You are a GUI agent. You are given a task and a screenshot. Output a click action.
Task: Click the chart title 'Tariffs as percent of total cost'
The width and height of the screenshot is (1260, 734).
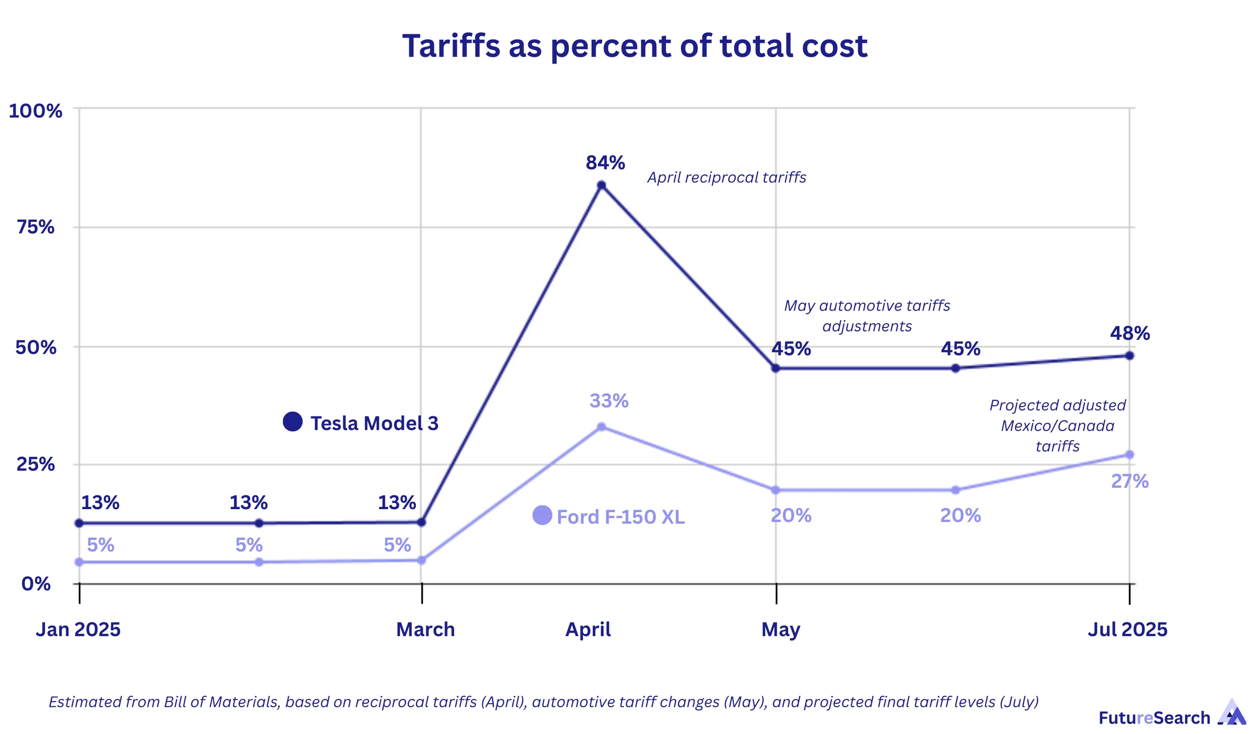pyautogui.click(x=635, y=46)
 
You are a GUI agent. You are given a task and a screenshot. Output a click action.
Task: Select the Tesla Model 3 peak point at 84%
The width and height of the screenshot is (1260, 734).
pyautogui.click(x=601, y=186)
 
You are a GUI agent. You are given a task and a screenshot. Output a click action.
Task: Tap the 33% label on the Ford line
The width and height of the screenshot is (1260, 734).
pyautogui.click(x=609, y=401)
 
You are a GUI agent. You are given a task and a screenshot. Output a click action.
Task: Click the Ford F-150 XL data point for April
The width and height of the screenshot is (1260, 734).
pyautogui.click(x=601, y=427)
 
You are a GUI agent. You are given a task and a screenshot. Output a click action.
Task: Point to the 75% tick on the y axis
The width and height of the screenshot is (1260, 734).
pyautogui.click(x=35, y=227)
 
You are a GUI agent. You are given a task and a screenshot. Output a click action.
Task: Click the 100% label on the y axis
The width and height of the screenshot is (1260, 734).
pyautogui.click(x=35, y=111)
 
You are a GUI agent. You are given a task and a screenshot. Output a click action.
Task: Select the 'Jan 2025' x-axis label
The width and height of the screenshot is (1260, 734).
pyautogui.click(x=78, y=630)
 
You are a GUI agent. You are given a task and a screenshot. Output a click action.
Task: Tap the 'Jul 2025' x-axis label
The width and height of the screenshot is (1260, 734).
pyautogui.click(x=1127, y=630)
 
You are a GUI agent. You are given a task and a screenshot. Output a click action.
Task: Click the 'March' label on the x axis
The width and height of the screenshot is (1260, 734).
pyautogui.click(x=425, y=630)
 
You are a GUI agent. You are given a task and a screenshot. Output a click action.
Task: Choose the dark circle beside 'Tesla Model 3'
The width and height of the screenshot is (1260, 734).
pyautogui.click(x=292, y=421)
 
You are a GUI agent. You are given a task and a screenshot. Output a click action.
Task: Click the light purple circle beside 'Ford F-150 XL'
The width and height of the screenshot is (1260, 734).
pyautogui.click(x=542, y=515)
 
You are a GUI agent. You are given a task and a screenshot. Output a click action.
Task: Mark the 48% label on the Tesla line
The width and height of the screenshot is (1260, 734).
pyautogui.click(x=1130, y=333)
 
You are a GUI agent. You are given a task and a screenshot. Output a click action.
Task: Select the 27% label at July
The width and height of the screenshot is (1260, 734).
pyautogui.click(x=1130, y=481)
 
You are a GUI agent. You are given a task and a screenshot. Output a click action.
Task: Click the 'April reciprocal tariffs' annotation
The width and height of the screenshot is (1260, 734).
pyautogui.click(x=726, y=177)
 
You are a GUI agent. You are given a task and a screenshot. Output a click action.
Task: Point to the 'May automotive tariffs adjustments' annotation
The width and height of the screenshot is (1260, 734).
pyautogui.click(x=867, y=316)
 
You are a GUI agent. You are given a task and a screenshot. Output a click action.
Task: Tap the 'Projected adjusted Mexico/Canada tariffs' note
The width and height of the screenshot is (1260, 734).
pyautogui.click(x=1057, y=425)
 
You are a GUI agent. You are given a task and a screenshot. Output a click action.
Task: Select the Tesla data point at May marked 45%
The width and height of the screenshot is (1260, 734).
pyautogui.click(x=776, y=369)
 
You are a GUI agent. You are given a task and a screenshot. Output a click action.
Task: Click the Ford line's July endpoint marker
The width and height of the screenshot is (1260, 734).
pyautogui.click(x=1129, y=455)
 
